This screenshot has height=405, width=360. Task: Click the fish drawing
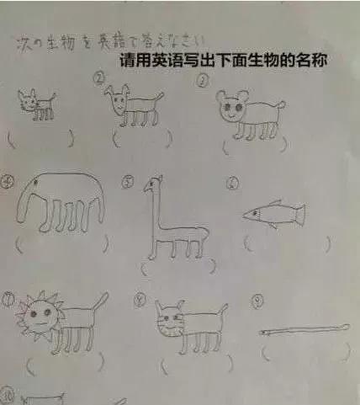click(273, 214)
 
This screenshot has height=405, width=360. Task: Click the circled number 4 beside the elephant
click(8, 180)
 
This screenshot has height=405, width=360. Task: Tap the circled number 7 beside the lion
click(8, 298)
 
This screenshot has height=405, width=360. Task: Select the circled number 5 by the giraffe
click(128, 181)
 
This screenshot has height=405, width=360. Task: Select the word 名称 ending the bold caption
click(310, 61)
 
